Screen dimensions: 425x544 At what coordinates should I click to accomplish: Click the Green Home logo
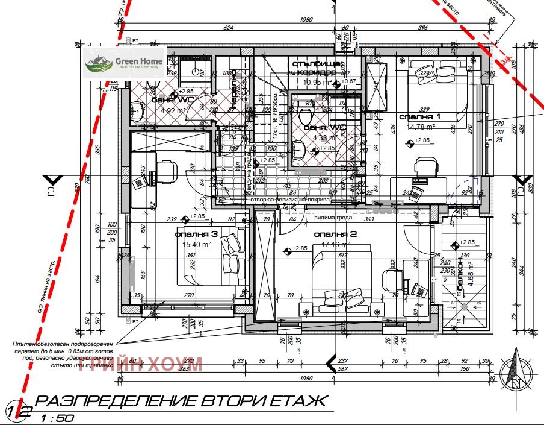coord(124,63)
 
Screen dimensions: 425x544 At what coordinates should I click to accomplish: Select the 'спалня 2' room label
coord(335,234)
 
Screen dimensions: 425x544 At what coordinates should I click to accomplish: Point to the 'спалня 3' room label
coord(196,234)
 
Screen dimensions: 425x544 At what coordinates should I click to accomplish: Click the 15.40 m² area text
coord(196,244)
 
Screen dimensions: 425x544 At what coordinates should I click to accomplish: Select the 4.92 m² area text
coord(172,110)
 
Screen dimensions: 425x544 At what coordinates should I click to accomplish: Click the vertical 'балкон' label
coord(461,276)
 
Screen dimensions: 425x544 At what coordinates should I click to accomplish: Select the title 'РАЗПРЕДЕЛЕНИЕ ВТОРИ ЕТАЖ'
coord(181,401)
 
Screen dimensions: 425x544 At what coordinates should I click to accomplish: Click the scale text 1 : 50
coord(58,417)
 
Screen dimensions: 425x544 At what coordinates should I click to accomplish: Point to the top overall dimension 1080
coord(307,19)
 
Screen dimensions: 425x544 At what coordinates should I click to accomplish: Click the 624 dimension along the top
coord(229,28)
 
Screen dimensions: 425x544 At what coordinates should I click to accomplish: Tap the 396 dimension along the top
coord(422,28)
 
